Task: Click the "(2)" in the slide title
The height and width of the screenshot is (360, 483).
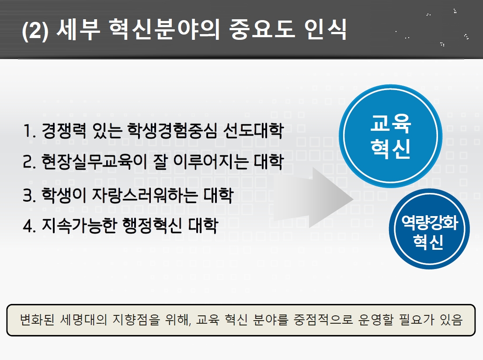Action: coord(35,31)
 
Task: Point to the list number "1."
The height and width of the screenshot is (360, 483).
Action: coord(29,131)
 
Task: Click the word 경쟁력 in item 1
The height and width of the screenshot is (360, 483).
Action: coord(64,130)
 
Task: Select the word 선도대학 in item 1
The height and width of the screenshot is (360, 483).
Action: coord(253,130)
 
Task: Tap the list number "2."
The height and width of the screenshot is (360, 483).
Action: coord(30,161)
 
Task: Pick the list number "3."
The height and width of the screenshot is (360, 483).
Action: coord(30,196)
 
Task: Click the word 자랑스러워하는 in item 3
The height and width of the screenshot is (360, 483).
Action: coord(145,196)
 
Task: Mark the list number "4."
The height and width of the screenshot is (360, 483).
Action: coord(30,226)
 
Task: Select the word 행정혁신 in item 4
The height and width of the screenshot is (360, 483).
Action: coord(152,225)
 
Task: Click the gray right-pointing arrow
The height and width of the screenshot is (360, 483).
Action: coord(313,198)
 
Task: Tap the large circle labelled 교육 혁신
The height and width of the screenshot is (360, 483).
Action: coord(391,136)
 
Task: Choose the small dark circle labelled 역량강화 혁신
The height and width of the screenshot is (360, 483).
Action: coord(429,229)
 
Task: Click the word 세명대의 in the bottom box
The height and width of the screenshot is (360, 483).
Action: coord(83,320)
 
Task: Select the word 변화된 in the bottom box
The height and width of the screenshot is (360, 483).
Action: coord(37,320)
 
